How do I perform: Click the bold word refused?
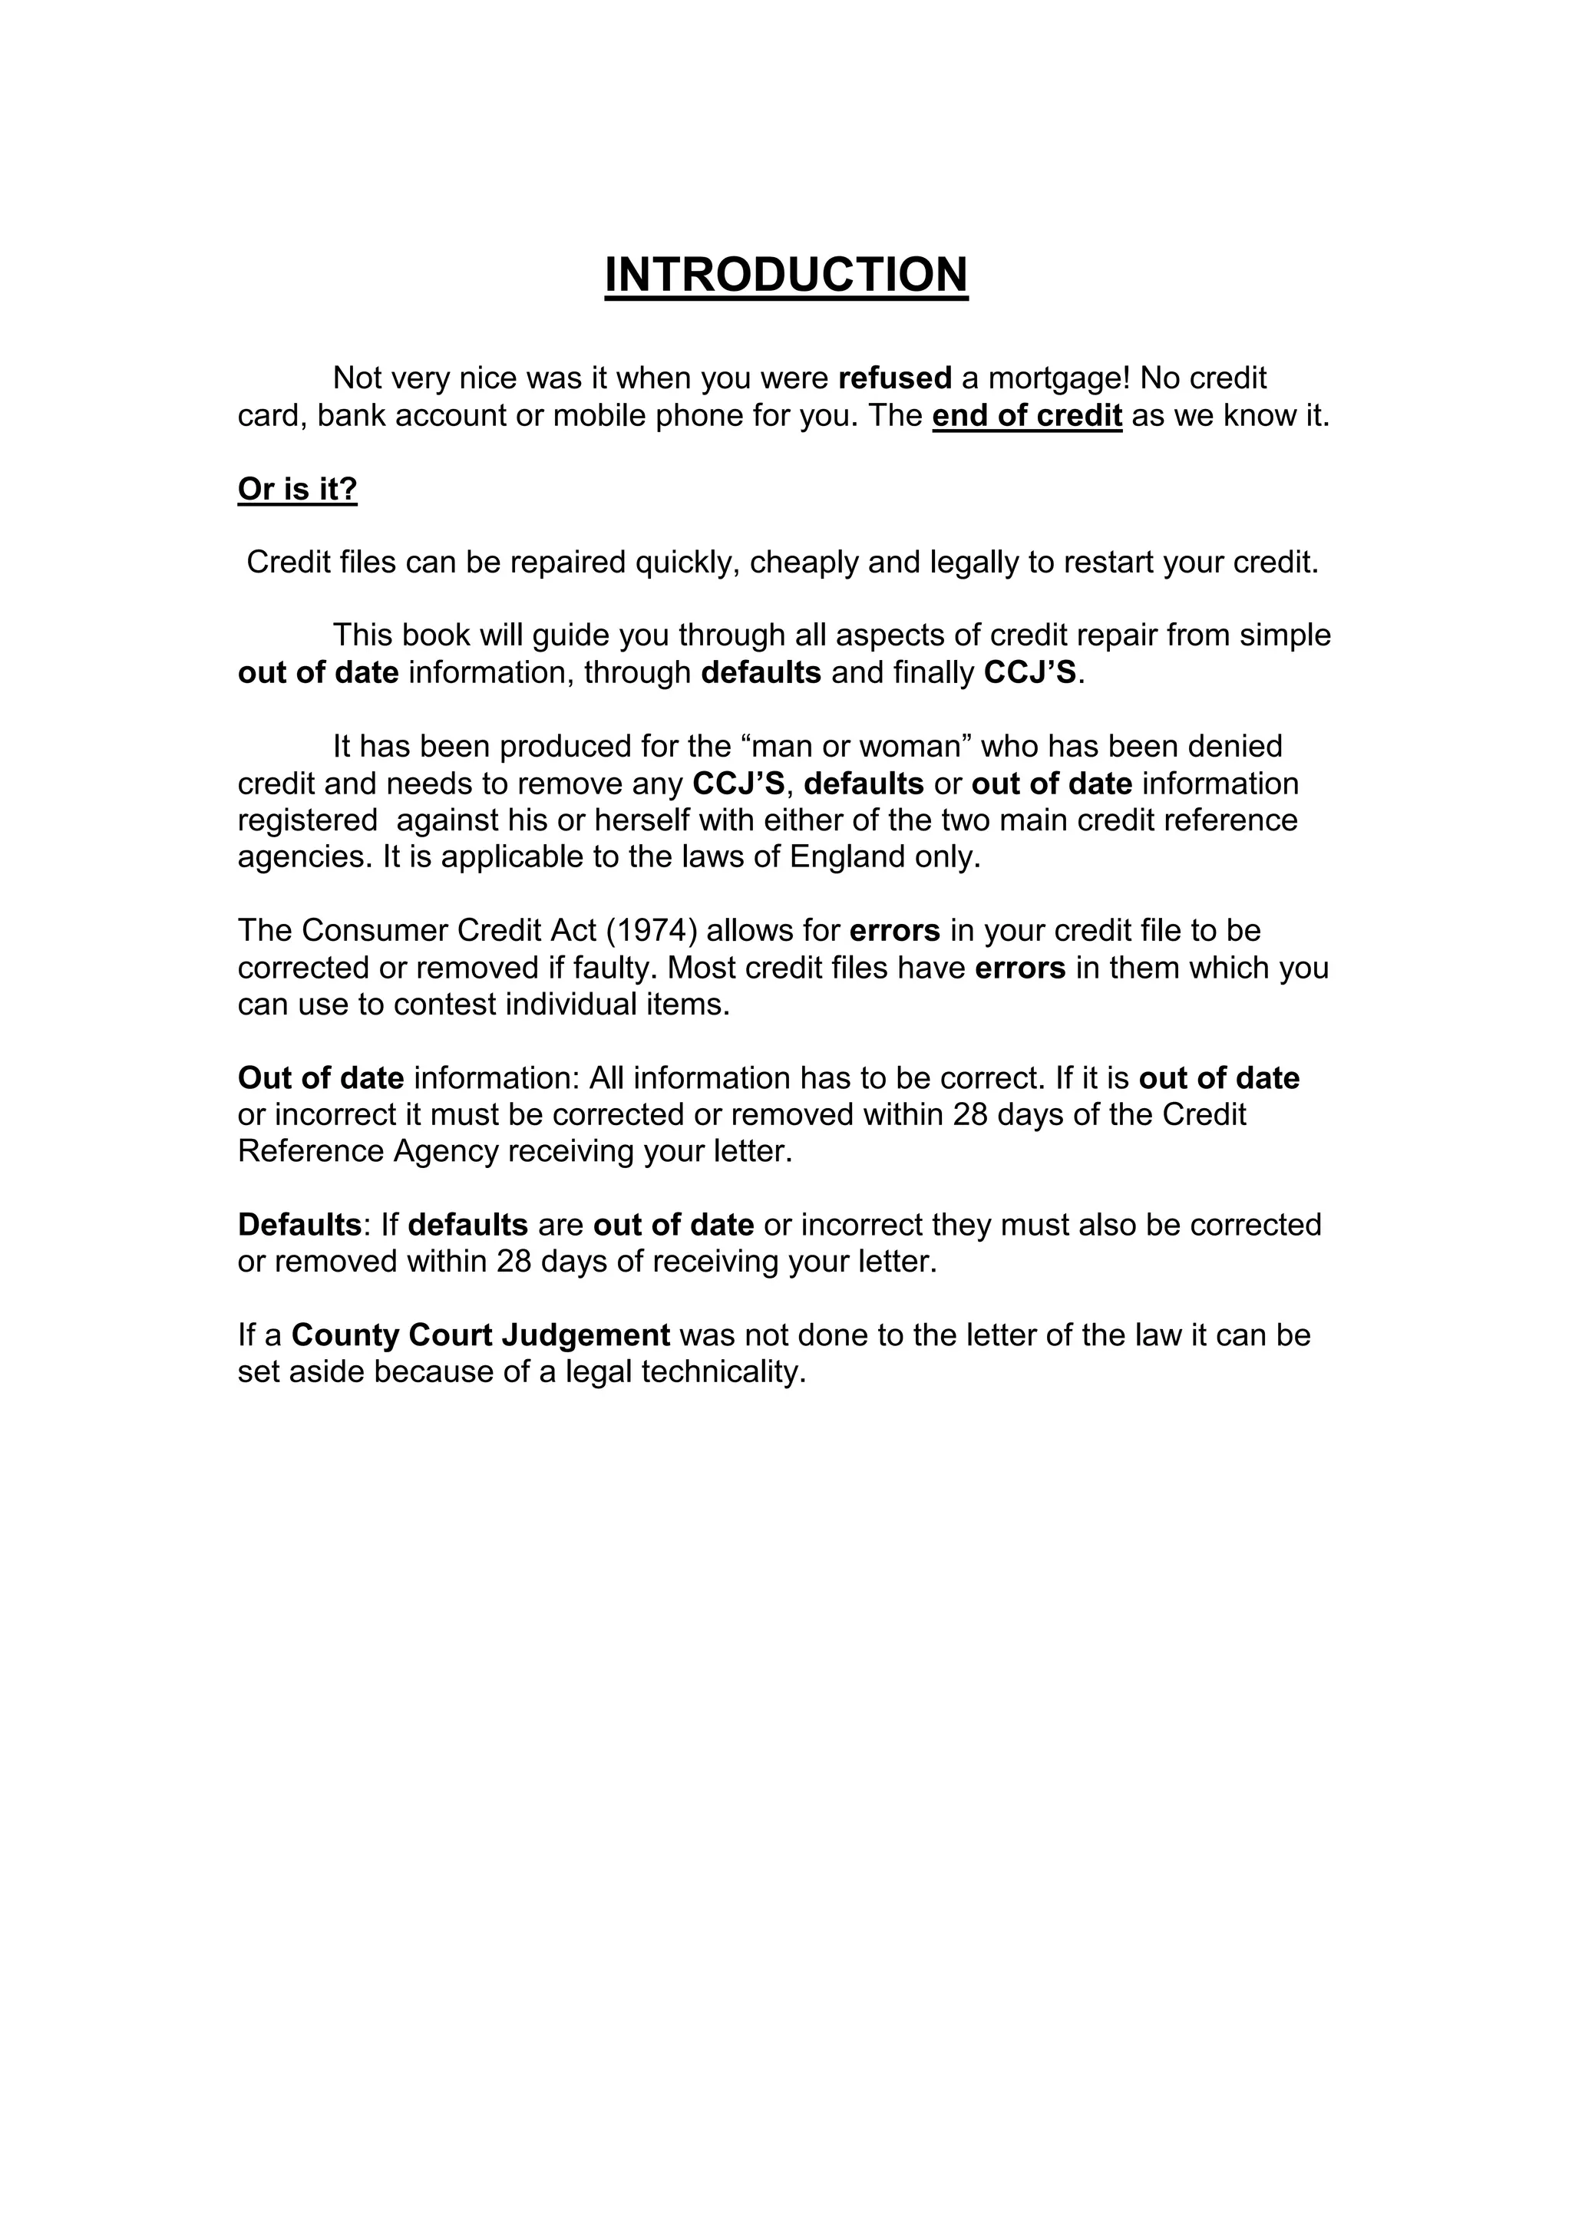coord(894,378)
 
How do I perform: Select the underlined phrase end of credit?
coord(1027,415)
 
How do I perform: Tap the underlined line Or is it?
coord(297,489)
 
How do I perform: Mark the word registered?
coord(307,820)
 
